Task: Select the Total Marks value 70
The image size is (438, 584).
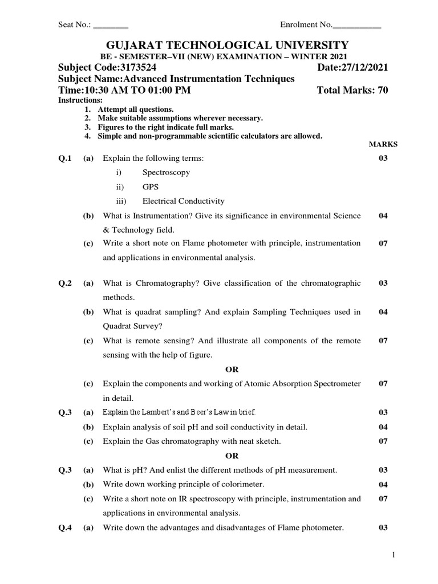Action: pyautogui.click(x=383, y=91)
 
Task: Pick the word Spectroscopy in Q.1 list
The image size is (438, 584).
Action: pyautogui.click(x=166, y=172)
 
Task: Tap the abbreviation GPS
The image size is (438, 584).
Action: pyautogui.click(x=151, y=186)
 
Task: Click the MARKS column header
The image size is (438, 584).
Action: pyautogui.click(x=383, y=144)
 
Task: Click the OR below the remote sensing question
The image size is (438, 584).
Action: pyautogui.click(x=232, y=370)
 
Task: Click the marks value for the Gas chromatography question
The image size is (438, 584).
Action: pyautogui.click(x=383, y=441)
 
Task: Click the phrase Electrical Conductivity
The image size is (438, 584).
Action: pyautogui.click(x=183, y=201)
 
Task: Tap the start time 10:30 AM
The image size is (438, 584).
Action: pyautogui.click(x=106, y=91)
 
